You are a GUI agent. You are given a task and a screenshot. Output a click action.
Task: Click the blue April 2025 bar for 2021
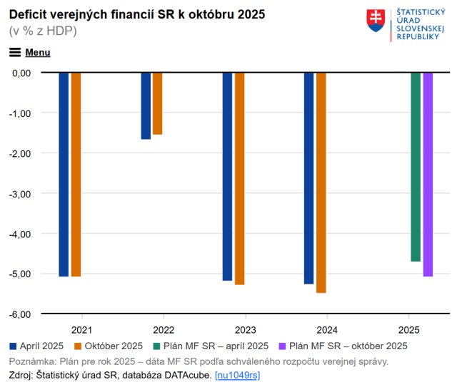pyautogui.click(x=64, y=174)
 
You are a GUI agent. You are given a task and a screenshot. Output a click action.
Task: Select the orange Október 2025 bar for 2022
pyautogui.click(x=157, y=103)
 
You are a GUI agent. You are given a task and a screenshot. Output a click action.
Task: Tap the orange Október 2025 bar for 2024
pyautogui.click(x=321, y=182)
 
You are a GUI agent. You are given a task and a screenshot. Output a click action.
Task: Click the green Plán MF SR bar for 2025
pyautogui.click(x=415, y=167)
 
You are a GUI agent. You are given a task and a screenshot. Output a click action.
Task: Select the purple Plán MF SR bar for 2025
pyautogui.click(x=428, y=174)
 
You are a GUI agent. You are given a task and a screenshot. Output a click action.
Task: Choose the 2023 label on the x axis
pyautogui.click(x=245, y=331)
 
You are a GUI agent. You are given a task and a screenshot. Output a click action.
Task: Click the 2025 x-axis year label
pyautogui.click(x=408, y=331)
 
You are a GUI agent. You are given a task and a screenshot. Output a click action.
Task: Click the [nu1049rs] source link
pyautogui.click(x=237, y=375)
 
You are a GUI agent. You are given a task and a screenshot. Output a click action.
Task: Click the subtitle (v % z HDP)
pyautogui.click(x=43, y=31)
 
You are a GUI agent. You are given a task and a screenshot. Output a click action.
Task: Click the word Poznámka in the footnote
pyautogui.click(x=32, y=361)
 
